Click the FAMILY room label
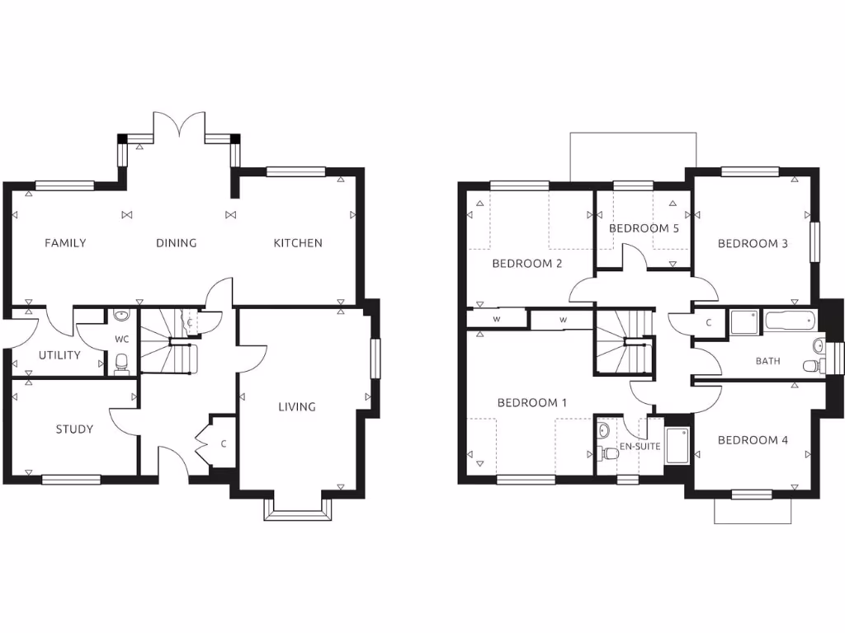[65, 243]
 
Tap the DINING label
[177, 243]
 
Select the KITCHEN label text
[298, 243]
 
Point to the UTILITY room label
[59, 355]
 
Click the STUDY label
[74, 429]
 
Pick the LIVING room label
[296, 406]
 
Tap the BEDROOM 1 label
[532, 403]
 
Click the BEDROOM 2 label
[527, 264]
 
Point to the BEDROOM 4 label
[753, 440]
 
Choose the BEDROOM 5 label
[644, 228]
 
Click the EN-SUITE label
[640, 446]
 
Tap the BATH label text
[767, 361]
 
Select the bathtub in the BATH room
[790, 321]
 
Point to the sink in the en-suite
[603, 430]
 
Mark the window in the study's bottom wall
[71, 479]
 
